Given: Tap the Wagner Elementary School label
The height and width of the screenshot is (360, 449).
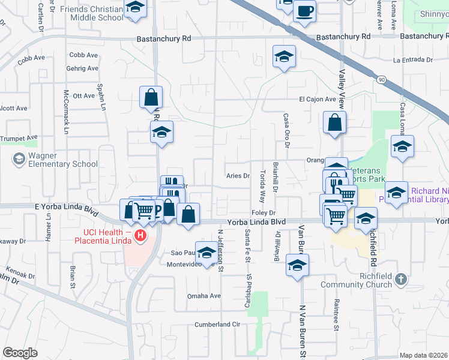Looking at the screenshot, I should (62, 160).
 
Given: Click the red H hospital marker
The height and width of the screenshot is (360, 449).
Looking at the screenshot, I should (140, 236).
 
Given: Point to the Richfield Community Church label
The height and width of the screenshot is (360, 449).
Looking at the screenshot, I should (357, 280).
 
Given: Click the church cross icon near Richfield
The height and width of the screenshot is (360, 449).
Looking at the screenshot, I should (401, 279).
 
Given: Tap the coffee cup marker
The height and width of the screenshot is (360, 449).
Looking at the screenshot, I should (305, 11).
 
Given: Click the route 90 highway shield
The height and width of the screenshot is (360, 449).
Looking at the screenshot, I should (381, 79).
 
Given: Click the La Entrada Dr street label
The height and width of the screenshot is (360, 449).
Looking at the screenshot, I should (413, 60).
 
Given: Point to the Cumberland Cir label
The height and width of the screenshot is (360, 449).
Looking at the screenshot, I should (217, 325).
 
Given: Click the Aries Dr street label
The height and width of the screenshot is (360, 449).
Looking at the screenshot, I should (238, 176).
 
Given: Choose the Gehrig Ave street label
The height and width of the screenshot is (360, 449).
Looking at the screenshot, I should (83, 68).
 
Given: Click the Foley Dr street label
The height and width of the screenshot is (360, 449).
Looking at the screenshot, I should (264, 213).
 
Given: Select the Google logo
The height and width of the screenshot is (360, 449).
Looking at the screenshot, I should (20, 352).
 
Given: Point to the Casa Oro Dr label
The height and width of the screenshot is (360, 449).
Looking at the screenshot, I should (287, 131).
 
